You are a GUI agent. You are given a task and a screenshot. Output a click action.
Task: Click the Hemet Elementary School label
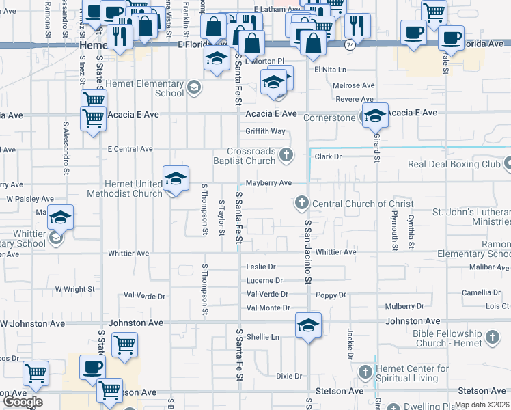click(x=150, y=88)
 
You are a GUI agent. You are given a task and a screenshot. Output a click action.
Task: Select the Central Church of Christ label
click(x=363, y=204)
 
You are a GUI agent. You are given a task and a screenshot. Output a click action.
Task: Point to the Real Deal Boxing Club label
click(x=454, y=164)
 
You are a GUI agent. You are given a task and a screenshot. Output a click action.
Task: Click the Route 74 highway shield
click(x=349, y=44)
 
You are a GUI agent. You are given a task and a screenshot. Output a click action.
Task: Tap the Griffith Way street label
click(x=266, y=131)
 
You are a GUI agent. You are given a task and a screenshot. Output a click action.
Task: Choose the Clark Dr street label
click(x=328, y=156)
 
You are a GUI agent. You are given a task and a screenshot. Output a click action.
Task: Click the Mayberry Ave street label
click(x=268, y=183)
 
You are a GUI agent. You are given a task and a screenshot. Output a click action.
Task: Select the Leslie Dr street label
click(x=260, y=266)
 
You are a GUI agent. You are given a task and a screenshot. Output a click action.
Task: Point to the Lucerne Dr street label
click(x=264, y=280)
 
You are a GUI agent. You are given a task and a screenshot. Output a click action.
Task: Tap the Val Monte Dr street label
click(x=268, y=307)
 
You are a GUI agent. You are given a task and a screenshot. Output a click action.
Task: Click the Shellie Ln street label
click(x=263, y=336)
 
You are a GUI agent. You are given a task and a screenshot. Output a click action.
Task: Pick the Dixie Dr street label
click(x=289, y=376)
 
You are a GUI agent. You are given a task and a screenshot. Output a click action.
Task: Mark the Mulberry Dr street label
click(x=404, y=306)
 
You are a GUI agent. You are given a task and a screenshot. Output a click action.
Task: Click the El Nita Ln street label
click(x=331, y=70)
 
